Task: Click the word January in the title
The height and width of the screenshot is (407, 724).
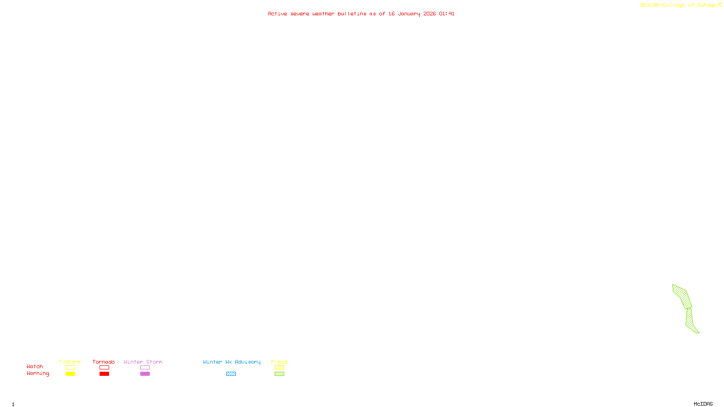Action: (409, 14)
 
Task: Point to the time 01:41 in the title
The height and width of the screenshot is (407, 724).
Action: (447, 14)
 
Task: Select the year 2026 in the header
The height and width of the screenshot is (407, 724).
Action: (429, 14)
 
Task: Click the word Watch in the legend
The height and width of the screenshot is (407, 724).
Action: (35, 366)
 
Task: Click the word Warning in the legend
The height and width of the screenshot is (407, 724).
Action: (38, 374)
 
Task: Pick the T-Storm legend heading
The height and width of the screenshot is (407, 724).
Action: (70, 362)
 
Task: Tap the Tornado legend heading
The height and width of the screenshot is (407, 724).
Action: (104, 362)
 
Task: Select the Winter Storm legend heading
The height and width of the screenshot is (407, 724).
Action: (143, 362)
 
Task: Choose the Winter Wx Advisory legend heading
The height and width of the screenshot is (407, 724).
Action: (232, 362)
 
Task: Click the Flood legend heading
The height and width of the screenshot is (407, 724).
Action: (279, 362)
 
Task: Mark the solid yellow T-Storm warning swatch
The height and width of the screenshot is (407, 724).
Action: (70, 374)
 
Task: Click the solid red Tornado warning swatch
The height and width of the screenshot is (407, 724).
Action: (104, 374)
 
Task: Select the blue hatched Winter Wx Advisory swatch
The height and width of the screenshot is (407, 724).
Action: (231, 374)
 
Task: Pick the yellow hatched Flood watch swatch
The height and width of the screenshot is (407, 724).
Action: (279, 368)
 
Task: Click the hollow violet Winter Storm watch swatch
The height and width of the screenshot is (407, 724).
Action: (145, 368)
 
